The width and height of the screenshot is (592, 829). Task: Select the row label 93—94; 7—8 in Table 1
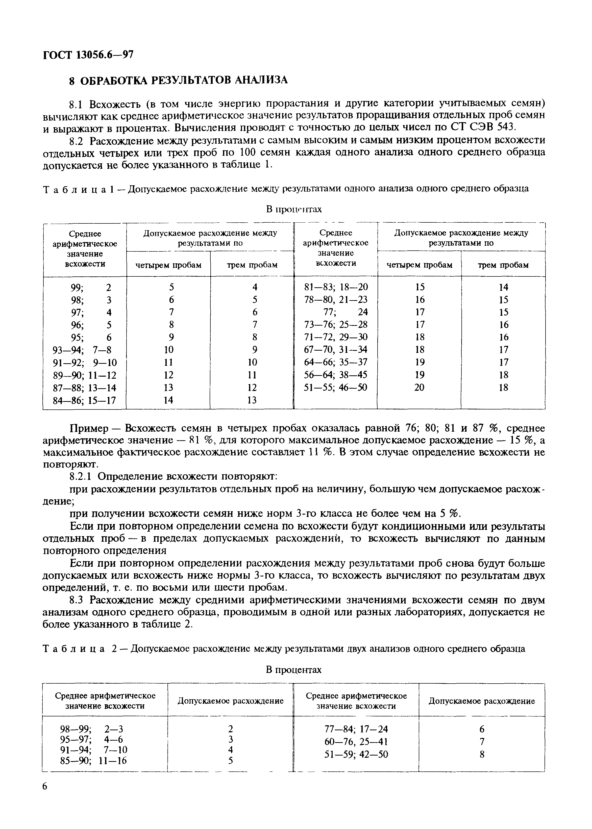82,350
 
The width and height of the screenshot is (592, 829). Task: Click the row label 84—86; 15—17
84,400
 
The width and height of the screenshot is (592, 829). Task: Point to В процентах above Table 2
294,670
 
